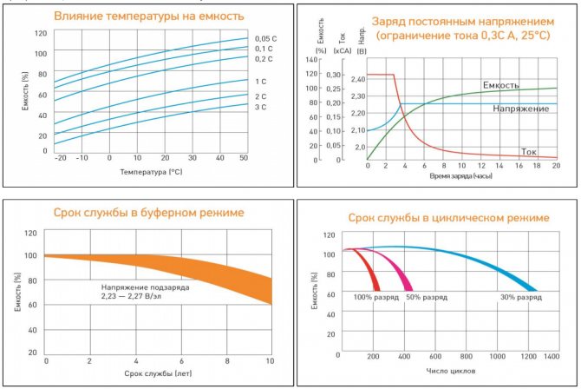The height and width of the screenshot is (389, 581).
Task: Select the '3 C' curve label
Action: (260, 106)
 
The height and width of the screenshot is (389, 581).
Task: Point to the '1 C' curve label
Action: (260, 81)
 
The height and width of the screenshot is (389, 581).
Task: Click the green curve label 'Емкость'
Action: (500, 85)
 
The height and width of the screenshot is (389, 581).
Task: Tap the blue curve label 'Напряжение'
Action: (520, 109)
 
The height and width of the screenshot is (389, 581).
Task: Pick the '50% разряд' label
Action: (427, 298)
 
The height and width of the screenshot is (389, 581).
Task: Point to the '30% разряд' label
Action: (520, 298)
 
